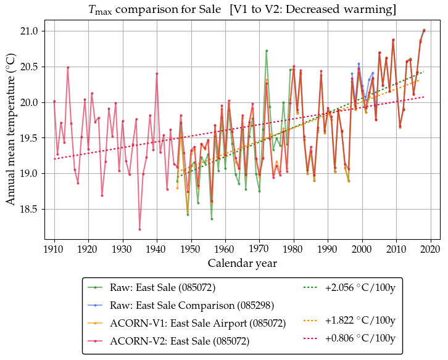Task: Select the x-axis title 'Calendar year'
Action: (242, 263)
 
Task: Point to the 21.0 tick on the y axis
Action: (28, 31)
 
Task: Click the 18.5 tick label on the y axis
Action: (28, 210)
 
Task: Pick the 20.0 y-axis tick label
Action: (28, 102)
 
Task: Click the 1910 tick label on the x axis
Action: (54, 249)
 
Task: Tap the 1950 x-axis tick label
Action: (191, 249)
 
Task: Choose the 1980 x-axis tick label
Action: (294, 249)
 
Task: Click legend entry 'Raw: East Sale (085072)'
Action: (162, 287)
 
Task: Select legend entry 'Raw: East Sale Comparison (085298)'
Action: (192, 305)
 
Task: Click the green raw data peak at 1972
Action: (267, 51)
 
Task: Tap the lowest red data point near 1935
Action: (139, 229)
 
